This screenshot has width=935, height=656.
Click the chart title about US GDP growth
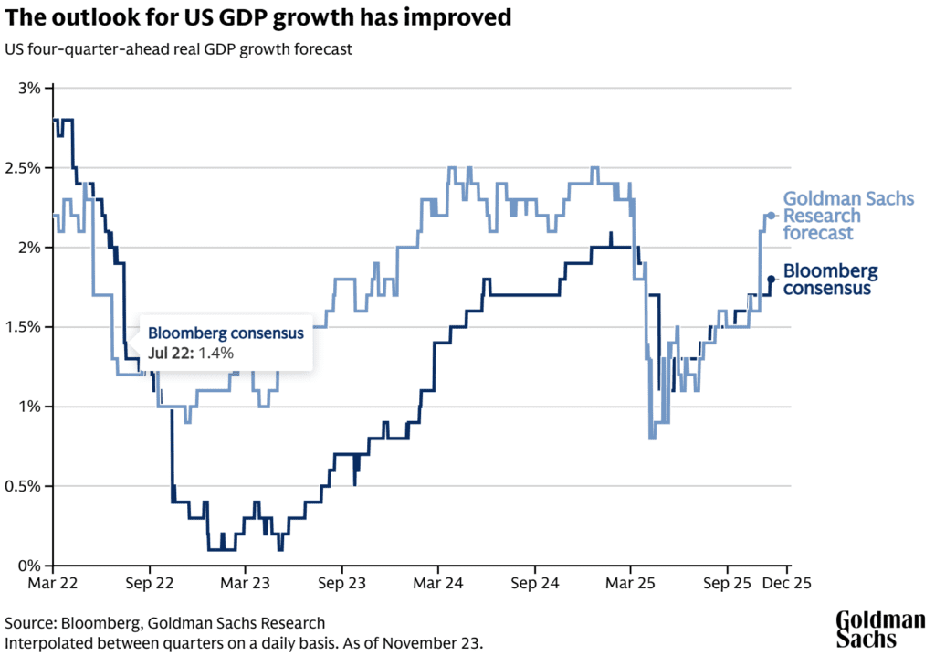[258, 18]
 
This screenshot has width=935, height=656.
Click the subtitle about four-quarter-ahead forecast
[178, 48]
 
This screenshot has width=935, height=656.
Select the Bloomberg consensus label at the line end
[830, 280]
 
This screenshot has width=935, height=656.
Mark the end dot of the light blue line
[772, 216]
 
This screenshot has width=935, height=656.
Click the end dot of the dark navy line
[772, 279]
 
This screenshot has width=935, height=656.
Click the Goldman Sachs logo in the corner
[880, 630]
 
